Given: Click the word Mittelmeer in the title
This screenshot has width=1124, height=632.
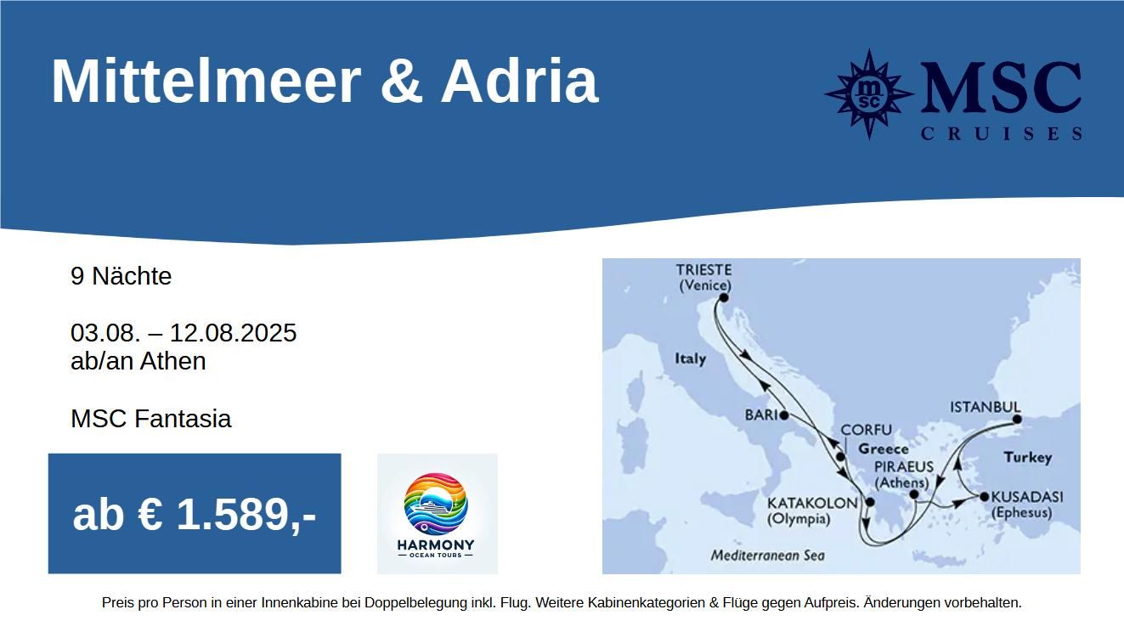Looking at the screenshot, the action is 206,81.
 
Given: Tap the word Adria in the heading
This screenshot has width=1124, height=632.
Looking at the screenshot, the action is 519,81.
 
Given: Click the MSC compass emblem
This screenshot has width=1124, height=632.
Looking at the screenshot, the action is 868,93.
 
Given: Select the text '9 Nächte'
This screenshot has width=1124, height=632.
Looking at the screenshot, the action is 121,276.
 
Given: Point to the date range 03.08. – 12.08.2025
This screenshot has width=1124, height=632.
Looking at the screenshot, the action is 184,333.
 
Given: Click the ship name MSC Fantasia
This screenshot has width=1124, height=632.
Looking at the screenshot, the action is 151,418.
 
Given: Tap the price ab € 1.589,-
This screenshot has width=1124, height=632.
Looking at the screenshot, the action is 195,514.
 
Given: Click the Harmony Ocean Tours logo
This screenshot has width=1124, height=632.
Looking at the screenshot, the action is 437,514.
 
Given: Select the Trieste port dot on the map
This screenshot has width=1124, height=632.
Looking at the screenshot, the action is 724,298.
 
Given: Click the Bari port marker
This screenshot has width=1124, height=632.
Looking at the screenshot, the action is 784,415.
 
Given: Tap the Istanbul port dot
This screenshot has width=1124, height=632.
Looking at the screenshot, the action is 1017,420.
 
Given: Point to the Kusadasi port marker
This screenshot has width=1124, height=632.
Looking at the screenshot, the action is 984,497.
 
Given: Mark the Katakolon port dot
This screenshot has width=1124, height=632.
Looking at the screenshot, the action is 870,502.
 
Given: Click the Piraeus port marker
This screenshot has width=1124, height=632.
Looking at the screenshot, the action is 914,494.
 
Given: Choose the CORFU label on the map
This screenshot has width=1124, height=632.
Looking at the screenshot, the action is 866,430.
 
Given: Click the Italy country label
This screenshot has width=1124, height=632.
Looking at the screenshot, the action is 690,358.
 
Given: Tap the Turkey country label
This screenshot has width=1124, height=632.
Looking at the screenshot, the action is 1028,458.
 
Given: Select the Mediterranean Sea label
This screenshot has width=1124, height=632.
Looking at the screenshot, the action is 768,556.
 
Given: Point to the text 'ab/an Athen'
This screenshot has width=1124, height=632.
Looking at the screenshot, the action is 138,361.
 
